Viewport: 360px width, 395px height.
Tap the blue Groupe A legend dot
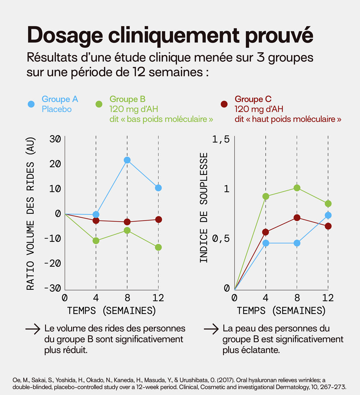(x=31, y=104)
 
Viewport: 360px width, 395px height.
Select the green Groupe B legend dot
(x=99, y=104)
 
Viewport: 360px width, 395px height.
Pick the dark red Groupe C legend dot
(x=224, y=104)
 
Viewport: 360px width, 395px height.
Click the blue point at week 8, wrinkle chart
(x=127, y=160)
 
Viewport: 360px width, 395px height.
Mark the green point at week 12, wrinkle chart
(x=158, y=247)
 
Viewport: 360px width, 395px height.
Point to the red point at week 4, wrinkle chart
(x=96, y=220)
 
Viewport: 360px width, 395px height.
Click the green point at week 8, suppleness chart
(x=297, y=188)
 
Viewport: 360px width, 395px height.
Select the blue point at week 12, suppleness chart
(x=328, y=215)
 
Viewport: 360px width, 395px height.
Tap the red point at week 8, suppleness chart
(x=297, y=218)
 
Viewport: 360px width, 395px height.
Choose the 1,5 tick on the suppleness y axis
(x=221, y=139)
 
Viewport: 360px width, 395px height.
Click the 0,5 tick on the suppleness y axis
(x=221, y=239)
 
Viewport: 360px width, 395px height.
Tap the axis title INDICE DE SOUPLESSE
(x=204, y=207)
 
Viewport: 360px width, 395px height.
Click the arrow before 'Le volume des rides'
(x=32, y=329)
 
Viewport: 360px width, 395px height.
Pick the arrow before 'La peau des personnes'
(x=211, y=329)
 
